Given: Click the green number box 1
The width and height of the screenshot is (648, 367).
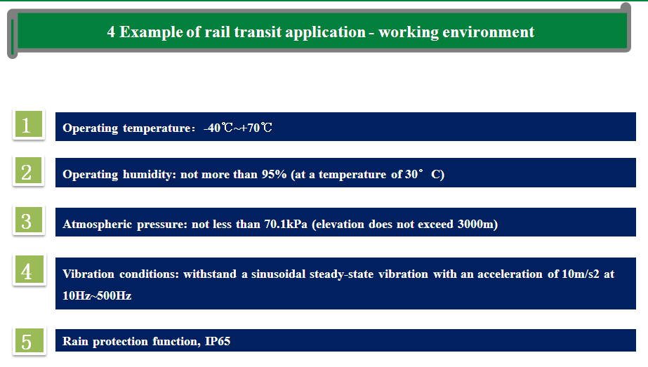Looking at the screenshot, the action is point(29,124).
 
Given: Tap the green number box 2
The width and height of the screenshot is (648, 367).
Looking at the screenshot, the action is point(29,171).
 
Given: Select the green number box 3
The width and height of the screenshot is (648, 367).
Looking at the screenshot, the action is point(29,220).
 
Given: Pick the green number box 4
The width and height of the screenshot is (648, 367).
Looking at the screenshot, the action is point(29,270).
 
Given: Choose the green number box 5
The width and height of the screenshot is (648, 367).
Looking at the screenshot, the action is point(29,340).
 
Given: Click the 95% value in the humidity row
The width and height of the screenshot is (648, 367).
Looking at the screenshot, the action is point(274,174).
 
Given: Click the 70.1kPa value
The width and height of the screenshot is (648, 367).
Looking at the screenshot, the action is point(286,224).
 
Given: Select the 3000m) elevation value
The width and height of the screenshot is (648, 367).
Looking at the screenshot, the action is point(477,224).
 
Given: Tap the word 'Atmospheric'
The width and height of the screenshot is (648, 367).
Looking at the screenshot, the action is point(97,225).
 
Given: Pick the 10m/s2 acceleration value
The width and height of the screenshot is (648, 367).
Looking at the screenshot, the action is point(580,274).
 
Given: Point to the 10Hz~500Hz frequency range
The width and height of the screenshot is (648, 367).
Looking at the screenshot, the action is point(97,295).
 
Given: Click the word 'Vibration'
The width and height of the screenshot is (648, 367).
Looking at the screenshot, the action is point(88,274).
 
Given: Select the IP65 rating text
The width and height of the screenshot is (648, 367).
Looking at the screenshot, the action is point(218,341).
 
